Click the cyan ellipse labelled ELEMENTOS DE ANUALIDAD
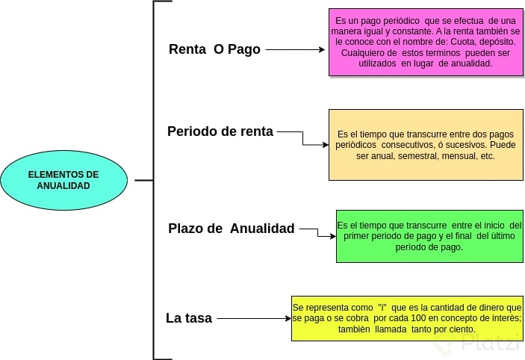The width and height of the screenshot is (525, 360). [x=63, y=180]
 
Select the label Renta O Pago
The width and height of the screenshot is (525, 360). [x=214, y=49]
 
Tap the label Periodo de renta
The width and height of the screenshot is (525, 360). [x=220, y=131]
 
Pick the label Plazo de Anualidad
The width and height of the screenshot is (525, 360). [x=232, y=229]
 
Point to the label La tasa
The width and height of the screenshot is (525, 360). [x=189, y=318]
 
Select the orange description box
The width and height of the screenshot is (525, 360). [x=426, y=145]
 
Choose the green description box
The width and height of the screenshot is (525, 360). [x=429, y=236]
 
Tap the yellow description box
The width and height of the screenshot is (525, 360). [x=407, y=318]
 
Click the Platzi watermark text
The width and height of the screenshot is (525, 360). [x=490, y=343]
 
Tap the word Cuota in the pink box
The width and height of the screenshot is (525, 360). [x=455, y=43]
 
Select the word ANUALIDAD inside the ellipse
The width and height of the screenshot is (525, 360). [x=63, y=186]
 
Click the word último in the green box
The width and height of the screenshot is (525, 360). [x=492, y=236]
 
